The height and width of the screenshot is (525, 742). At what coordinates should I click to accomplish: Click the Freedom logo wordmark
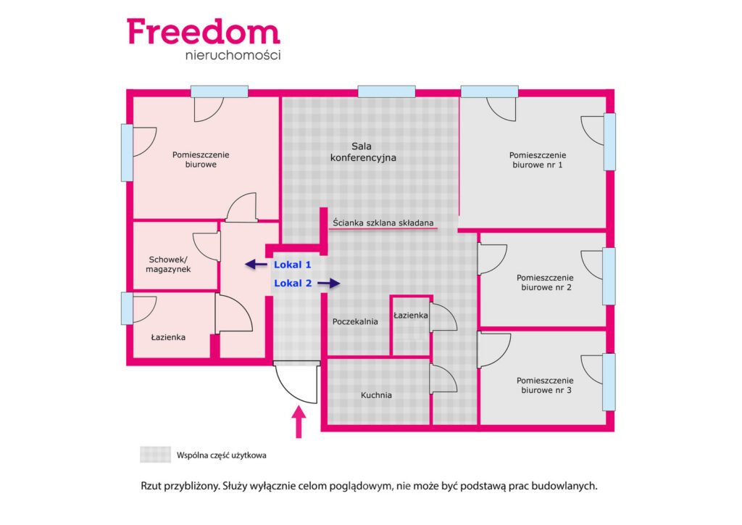click(204, 32)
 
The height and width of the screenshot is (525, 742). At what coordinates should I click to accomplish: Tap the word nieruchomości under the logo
click(233, 55)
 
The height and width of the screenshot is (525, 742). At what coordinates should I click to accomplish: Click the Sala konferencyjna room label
click(363, 152)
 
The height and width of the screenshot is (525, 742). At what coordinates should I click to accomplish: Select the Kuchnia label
click(376, 394)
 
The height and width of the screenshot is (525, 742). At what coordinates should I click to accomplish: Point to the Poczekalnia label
click(355, 321)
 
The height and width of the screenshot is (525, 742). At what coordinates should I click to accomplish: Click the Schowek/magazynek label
click(168, 265)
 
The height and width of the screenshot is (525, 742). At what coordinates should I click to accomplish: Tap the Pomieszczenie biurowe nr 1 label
click(538, 160)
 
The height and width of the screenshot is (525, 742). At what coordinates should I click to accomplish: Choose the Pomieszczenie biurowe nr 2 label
click(545, 283)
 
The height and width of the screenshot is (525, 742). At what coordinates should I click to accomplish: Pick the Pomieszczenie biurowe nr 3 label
click(545, 385)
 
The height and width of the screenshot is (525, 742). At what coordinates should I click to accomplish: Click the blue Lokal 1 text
click(293, 265)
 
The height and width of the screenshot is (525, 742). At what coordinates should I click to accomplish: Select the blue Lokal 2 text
click(293, 283)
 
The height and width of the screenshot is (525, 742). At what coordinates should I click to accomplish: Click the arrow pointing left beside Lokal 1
click(256, 264)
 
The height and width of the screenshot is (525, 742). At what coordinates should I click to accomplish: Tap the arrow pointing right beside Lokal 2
click(329, 283)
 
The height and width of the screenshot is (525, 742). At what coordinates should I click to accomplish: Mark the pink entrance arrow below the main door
click(299, 422)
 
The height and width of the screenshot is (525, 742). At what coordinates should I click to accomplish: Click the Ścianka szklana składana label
click(383, 223)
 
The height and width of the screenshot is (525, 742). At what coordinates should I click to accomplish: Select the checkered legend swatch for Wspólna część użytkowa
click(155, 455)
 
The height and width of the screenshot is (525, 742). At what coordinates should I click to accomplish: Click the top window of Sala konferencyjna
click(387, 91)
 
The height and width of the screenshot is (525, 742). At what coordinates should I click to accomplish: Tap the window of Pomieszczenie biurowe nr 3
click(609, 382)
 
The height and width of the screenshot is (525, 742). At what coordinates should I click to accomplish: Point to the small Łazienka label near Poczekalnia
click(410, 315)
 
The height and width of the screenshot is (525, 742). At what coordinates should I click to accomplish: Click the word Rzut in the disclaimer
click(151, 486)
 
